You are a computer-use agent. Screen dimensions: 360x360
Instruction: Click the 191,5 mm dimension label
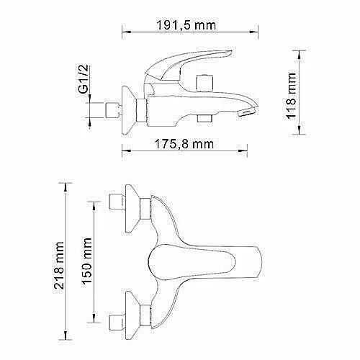(x=186, y=25)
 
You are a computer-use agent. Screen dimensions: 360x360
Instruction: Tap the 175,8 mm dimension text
(x=184, y=144)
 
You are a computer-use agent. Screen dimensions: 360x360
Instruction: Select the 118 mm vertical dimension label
(x=291, y=95)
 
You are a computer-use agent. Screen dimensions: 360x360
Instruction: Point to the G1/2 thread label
(x=84, y=78)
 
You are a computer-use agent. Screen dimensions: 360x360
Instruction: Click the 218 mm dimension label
(x=59, y=265)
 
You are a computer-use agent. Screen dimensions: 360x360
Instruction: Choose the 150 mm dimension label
(x=87, y=261)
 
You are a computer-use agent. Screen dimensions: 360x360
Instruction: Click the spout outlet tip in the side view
(x=248, y=112)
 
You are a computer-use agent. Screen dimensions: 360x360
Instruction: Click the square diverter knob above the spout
(x=204, y=84)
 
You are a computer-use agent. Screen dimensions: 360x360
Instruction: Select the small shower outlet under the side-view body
(x=204, y=119)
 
